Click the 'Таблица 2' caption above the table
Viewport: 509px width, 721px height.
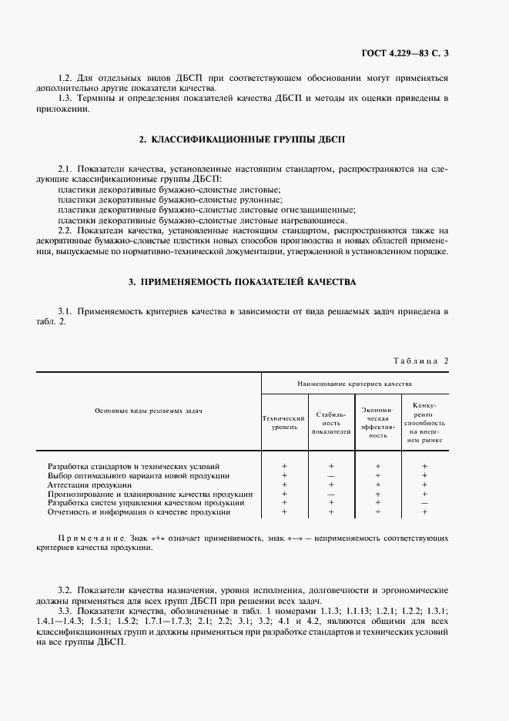tap(420, 360)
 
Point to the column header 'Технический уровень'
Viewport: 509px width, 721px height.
tap(284, 421)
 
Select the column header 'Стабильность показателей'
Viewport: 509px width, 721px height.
tap(330, 422)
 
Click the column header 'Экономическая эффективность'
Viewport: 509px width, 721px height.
tap(377, 422)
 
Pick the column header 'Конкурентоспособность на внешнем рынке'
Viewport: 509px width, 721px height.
tap(424, 422)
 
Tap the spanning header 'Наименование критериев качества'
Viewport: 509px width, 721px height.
tap(354, 383)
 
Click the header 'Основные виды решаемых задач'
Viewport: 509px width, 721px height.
tap(149, 411)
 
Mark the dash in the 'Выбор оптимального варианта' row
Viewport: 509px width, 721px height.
tap(331, 476)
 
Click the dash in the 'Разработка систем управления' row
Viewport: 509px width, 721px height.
tap(424, 503)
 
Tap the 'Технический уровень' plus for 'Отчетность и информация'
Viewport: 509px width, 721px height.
tap(284, 512)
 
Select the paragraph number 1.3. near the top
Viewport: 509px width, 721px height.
tap(66, 99)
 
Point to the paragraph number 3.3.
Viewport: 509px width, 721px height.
tap(66, 610)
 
